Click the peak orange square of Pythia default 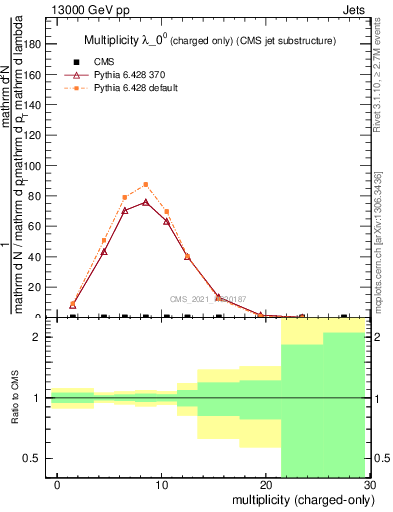146,184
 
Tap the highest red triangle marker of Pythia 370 146,202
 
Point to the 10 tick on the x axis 161,485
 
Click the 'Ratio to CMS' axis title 15,398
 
